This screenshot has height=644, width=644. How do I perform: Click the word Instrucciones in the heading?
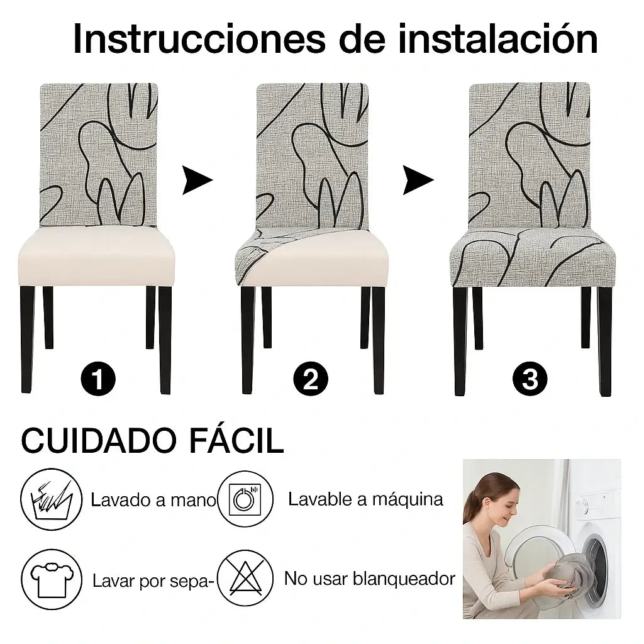click(199, 40)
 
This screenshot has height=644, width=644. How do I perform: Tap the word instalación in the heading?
click(498, 38)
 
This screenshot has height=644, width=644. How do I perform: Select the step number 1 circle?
click(98, 379)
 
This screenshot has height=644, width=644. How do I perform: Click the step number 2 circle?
click(311, 379)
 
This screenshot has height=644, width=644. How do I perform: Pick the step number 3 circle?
click(530, 379)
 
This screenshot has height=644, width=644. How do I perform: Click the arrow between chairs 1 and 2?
click(197, 180)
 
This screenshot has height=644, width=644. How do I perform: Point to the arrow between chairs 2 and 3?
click(418, 180)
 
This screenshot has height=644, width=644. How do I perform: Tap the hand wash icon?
click(52, 499)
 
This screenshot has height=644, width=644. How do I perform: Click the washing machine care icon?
click(245, 499)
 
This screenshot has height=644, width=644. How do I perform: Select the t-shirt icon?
click(52, 579)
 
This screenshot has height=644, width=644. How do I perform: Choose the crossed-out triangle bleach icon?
click(245, 579)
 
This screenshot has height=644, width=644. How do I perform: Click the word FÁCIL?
click(236, 440)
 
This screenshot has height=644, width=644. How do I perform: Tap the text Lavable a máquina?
click(365, 499)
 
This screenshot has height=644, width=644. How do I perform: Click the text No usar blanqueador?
click(370, 579)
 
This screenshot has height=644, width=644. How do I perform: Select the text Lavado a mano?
click(153, 500)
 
